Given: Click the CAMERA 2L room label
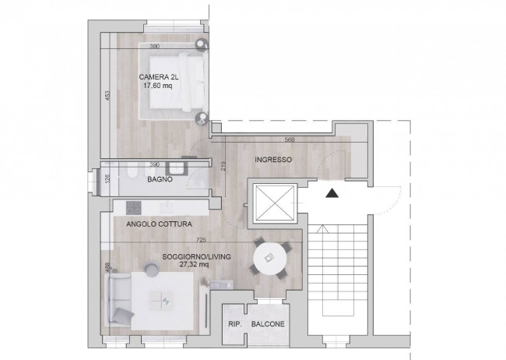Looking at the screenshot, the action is pos(159,77).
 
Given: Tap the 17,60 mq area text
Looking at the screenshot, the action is pos(158,86).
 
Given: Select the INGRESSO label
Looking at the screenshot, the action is pos(273,160).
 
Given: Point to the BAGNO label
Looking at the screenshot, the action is pos(160,179).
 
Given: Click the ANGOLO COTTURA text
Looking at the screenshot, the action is pos(159,224).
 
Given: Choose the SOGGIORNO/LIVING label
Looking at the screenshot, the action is pos(196,257).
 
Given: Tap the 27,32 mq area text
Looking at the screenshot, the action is pos(194,265).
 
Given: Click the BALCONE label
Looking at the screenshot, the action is pos(268,324).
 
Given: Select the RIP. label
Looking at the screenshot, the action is pos(235,324).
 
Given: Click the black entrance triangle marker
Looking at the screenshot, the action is pos(332,193).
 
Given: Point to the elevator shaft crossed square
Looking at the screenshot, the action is pos(274,203).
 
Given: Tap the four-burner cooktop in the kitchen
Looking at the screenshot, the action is pos(134,208).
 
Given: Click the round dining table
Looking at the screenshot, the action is pos(269,258).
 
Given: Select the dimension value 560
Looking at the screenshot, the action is pos(290,139).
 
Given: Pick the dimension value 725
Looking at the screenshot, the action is pos(201,240).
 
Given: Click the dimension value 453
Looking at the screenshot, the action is pos(107,95).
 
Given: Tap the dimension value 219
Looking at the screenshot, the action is pos(223,166).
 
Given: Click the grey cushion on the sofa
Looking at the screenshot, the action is pos(123,315).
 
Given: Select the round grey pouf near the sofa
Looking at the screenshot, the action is pos(151,269).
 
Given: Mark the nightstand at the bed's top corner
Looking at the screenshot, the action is pos(202,45).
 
